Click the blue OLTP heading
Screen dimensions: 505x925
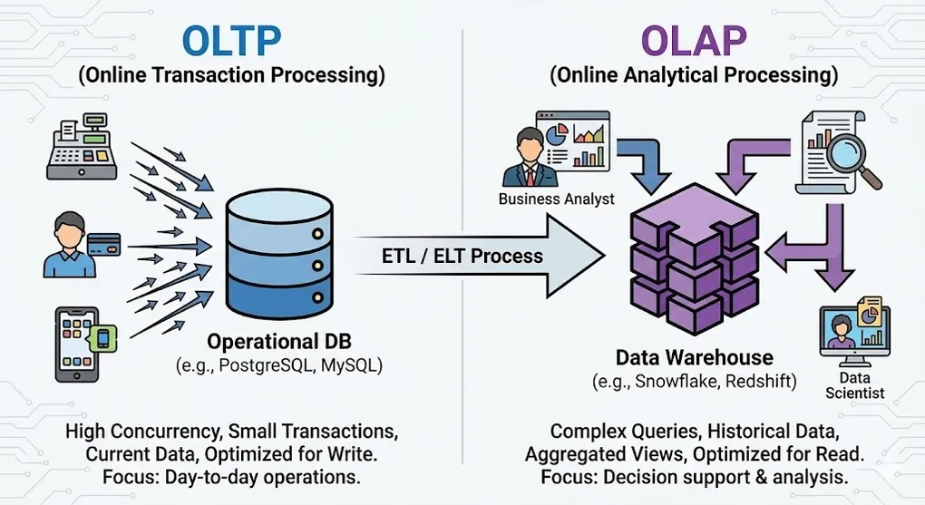click(x=232, y=40)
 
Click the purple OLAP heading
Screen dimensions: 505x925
click(x=694, y=40)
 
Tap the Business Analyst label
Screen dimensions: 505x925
click(x=556, y=199)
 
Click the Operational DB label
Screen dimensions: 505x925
click(x=279, y=342)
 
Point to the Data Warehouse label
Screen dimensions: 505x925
click(x=695, y=357)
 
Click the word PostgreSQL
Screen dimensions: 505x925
click(x=268, y=366)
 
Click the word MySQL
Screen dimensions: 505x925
click(x=348, y=366)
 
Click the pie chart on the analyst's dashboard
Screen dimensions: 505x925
click(x=557, y=132)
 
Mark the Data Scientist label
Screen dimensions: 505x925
click(x=854, y=385)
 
